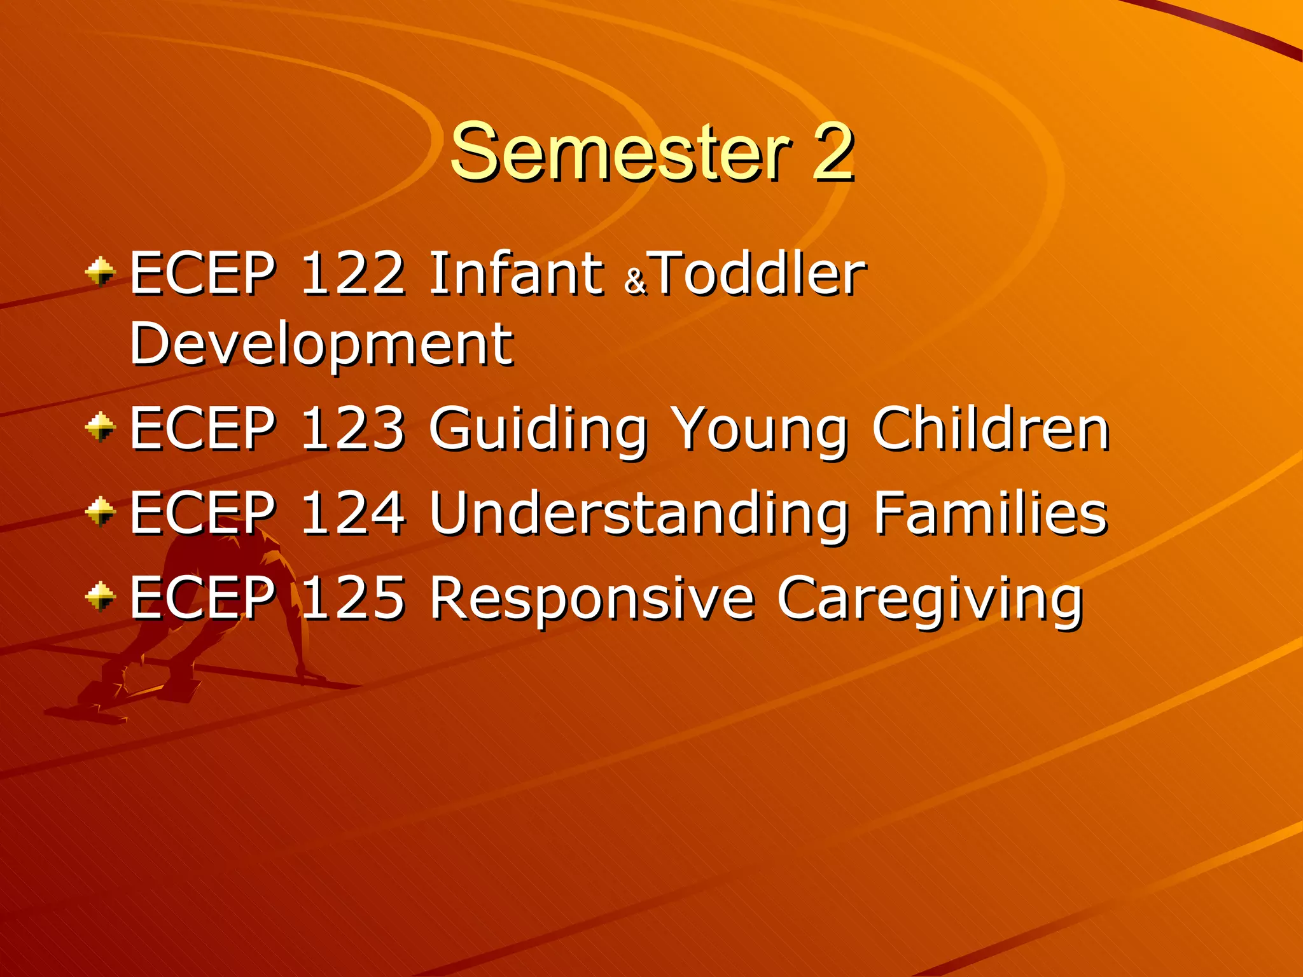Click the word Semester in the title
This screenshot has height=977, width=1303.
tap(620, 153)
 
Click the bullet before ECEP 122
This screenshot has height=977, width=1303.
tap(101, 272)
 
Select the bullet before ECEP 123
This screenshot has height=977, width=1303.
tap(101, 427)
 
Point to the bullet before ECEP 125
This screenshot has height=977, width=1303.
tap(101, 597)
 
